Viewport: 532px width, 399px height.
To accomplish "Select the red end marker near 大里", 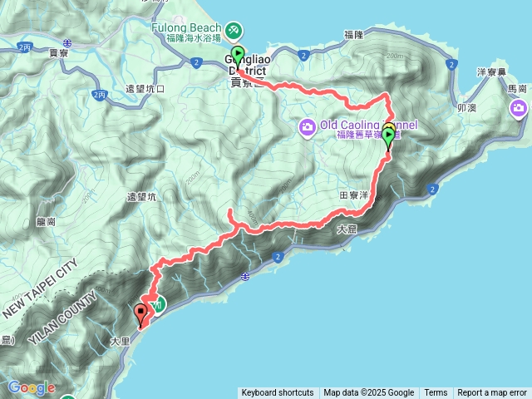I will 140,314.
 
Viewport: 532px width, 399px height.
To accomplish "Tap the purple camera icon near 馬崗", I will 520,108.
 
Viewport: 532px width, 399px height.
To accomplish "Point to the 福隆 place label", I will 354,35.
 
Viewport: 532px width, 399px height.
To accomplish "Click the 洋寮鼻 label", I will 473,72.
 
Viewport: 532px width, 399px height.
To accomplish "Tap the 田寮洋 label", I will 354,194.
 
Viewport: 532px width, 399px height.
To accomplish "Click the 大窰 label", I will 347,229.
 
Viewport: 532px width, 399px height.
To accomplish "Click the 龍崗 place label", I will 46,222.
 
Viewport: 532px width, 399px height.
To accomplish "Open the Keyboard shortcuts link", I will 278,393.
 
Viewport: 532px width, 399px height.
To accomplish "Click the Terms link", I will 436,393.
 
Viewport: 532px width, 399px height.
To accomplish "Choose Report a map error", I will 492,393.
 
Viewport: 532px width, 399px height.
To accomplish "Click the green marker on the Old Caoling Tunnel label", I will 388,135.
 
